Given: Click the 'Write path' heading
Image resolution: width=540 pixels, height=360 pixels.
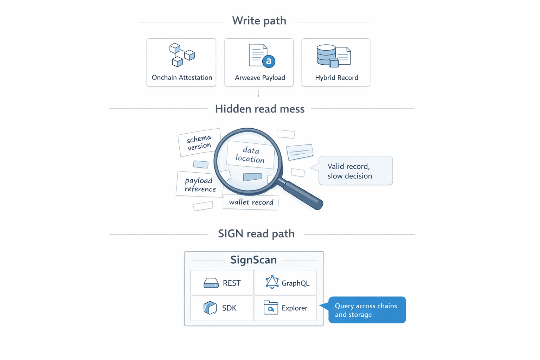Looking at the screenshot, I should click(x=259, y=21).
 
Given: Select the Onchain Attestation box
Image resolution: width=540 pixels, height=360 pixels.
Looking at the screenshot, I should click(x=181, y=63).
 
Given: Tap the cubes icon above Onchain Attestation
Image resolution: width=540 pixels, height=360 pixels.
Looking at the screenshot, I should click(x=182, y=54).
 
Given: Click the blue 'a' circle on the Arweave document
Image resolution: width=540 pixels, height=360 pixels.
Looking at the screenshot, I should click(x=269, y=61).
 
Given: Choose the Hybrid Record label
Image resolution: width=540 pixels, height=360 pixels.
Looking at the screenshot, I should click(x=336, y=78).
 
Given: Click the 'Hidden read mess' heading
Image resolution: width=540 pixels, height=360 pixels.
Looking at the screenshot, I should click(x=260, y=109).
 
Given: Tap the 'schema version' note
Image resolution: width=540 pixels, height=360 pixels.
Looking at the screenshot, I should click(x=199, y=142).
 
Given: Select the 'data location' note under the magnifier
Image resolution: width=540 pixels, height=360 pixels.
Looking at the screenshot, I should click(x=250, y=155).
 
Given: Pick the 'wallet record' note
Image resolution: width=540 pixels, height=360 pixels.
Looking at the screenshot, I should click(x=251, y=202).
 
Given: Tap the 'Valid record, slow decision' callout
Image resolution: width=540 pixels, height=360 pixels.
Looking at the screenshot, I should click(x=355, y=171).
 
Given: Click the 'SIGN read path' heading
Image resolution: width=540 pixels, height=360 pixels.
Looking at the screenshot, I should click(x=256, y=234).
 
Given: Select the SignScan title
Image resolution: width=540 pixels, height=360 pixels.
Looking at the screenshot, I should click(x=253, y=260).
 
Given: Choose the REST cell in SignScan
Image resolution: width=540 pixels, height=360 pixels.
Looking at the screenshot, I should click(x=222, y=283).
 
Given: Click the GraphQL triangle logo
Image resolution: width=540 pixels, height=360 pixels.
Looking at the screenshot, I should click(x=272, y=282).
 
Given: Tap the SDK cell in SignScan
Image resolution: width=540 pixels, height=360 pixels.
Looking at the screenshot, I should click(x=222, y=308).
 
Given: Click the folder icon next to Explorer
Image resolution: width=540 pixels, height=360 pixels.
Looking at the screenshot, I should click(x=271, y=308).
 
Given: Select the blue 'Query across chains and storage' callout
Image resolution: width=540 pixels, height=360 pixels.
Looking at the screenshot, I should click(x=367, y=310).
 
